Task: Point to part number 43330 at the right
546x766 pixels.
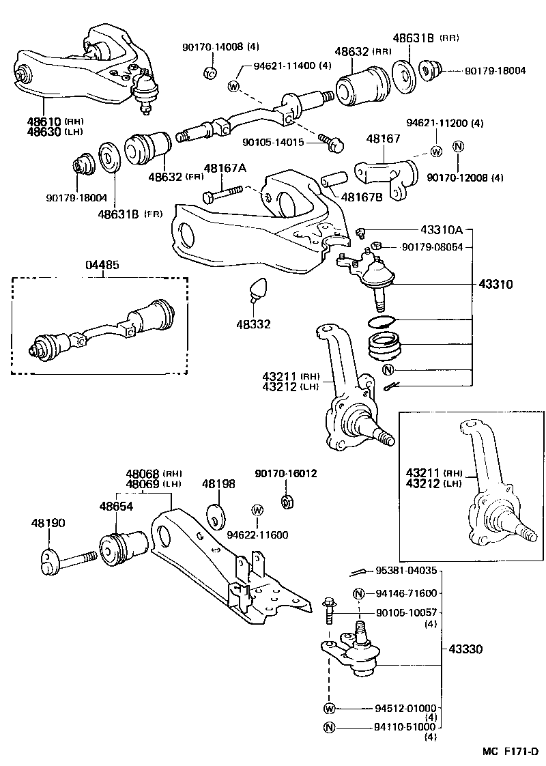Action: (465, 649)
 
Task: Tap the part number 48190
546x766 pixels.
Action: (48, 523)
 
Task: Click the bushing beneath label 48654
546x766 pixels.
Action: (123, 548)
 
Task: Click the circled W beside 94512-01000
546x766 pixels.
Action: (330, 708)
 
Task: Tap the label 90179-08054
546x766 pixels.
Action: (432, 246)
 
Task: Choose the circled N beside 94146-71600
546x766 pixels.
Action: (358, 593)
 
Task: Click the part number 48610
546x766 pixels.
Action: (42, 121)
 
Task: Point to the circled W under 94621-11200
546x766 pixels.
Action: (435, 151)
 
